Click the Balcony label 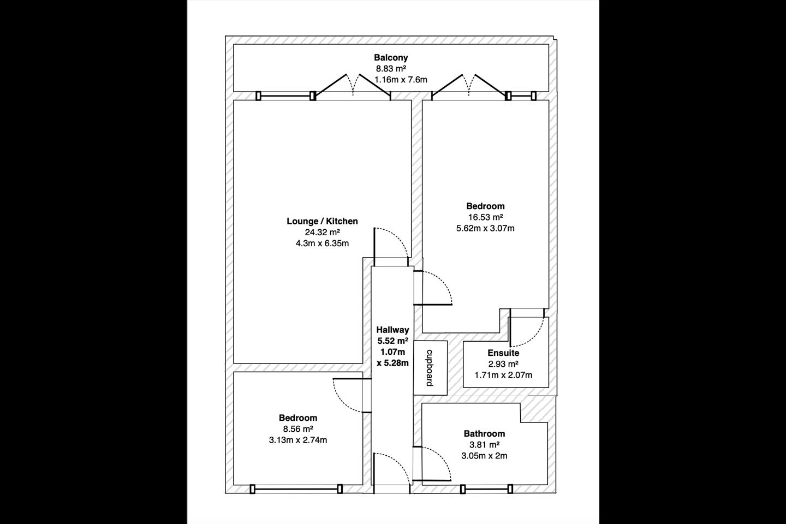click(391, 57)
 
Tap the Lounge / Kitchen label click(322, 221)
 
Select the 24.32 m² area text click(322, 232)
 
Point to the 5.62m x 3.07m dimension click(485, 228)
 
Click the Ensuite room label click(503, 353)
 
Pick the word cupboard click(430, 368)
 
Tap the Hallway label click(392, 330)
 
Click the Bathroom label click(484, 433)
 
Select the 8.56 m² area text click(298, 428)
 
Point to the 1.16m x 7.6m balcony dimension click(401, 80)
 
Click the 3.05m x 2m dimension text click(484, 456)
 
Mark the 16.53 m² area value click(485, 217)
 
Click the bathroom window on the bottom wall click(486, 489)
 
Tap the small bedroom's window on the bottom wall click(296, 489)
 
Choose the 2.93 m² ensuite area click(503, 364)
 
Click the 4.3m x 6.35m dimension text click(322, 243)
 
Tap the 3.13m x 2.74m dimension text click(298, 440)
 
